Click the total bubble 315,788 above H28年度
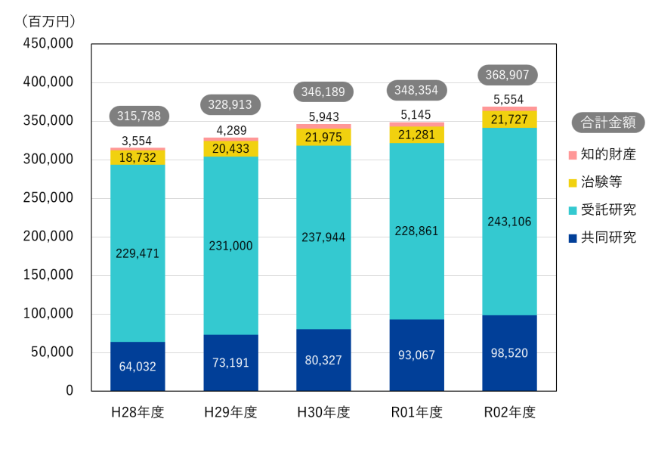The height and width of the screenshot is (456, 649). (x=139, y=116)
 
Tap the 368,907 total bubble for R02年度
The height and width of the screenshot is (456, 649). (x=508, y=75)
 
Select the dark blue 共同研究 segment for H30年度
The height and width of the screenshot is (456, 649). (x=324, y=359)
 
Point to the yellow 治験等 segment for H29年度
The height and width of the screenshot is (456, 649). (x=231, y=148)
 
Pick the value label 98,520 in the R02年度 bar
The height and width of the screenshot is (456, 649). (x=509, y=352)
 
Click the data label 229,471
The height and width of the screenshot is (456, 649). (x=138, y=253)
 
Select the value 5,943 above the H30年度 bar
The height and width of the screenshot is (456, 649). (x=324, y=116)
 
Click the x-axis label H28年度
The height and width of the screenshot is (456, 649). (x=138, y=413)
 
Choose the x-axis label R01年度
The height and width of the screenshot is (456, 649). (x=416, y=413)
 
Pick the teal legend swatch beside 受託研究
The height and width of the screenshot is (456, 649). (x=573, y=210)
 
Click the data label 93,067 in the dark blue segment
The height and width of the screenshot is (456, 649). (x=416, y=355)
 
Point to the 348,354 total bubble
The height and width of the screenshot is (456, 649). (x=416, y=90)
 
